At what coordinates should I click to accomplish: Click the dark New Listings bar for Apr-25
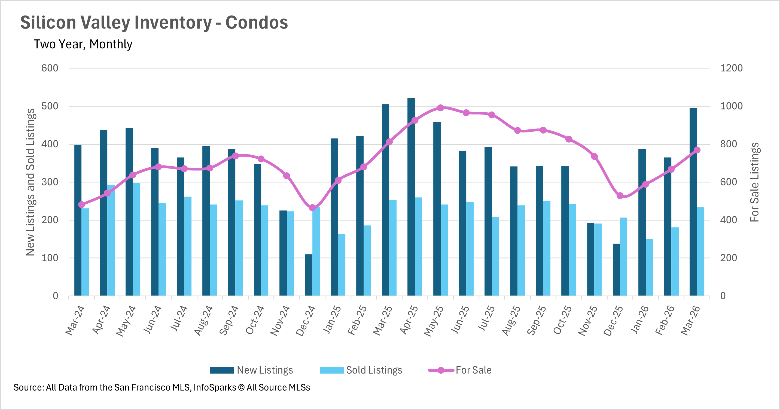(x=411, y=197)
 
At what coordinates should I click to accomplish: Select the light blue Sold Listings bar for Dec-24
(x=316, y=251)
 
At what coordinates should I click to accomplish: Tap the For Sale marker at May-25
(x=441, y=108)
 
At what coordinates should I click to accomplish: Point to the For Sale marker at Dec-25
(x=620, y=196)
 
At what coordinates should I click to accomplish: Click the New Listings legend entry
(x=251, y=370)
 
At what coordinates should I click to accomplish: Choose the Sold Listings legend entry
(x=361, y=370)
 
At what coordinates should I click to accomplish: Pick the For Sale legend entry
(x=460, y=370)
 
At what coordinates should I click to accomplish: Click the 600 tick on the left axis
(x=50, y=68)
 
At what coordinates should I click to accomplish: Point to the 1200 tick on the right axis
(x=731, y=68)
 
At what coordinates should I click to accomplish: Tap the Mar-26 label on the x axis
(x=691, y=321)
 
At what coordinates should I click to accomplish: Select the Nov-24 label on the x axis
(x=280, y=321)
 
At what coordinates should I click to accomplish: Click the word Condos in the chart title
(x=257, y=22)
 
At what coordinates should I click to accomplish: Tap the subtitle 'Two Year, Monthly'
(x=83, y=44)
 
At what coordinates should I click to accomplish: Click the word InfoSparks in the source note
(x=215, y=387)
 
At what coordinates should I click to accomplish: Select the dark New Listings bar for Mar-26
(x=693, y=202)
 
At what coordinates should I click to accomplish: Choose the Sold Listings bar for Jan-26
(x=649, y=267)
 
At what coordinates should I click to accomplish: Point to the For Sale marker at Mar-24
(x=81, y=205)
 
